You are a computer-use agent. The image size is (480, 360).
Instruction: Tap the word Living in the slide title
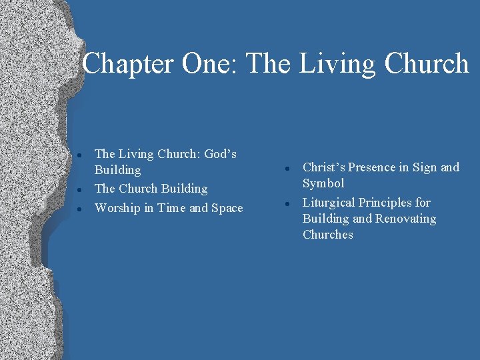(x=329, y=64)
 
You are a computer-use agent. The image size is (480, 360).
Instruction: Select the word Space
(x=227, y=208)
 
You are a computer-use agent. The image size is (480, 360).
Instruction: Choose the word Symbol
(x=323, y=183)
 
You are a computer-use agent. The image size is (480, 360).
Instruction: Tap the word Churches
(x=327, y=235)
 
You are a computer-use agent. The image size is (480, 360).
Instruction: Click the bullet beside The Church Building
(x=79, y=190)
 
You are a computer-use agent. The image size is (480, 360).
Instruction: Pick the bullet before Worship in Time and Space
(x=79, y=209)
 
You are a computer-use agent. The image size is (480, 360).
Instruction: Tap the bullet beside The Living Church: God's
(x=79, y=155)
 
